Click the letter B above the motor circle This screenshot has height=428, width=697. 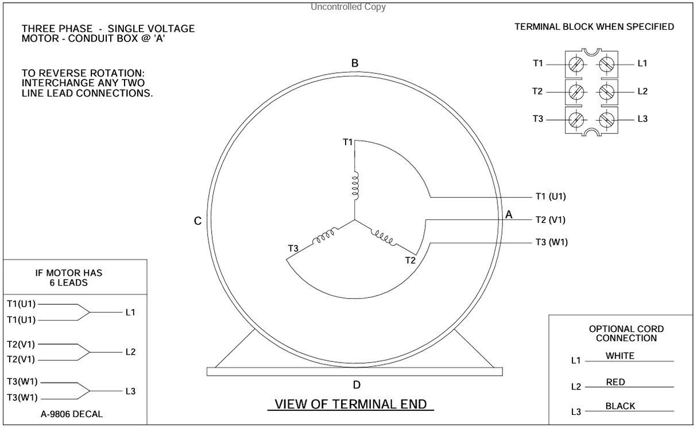[x=355, y=64]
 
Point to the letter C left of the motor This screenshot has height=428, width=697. [x=198, y=222]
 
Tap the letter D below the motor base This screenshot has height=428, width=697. [x=357, y=385]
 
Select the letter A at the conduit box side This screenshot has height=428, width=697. [x=508, y=215]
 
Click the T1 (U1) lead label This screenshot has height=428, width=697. [x=551, y=196]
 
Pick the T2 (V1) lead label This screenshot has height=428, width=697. [x=551, y=219]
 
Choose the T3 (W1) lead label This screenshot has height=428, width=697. [x=551, y=242]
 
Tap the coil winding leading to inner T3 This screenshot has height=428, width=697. [x=324, y=238]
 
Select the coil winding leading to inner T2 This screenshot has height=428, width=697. [x=384, y=237]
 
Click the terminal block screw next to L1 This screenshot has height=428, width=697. [x=607, y=64]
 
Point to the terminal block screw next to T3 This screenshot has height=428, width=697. [x=576, y=119]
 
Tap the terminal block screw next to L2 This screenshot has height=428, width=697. [x=607, y=91]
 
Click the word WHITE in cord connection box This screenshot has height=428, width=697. [x=620, y=356]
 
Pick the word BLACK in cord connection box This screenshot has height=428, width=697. [x=620, y=406]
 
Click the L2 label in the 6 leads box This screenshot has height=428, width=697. [x=130, y=352]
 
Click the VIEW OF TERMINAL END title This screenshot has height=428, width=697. [x=351, y=404]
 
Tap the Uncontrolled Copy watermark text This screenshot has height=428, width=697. [x=348, y=7]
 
